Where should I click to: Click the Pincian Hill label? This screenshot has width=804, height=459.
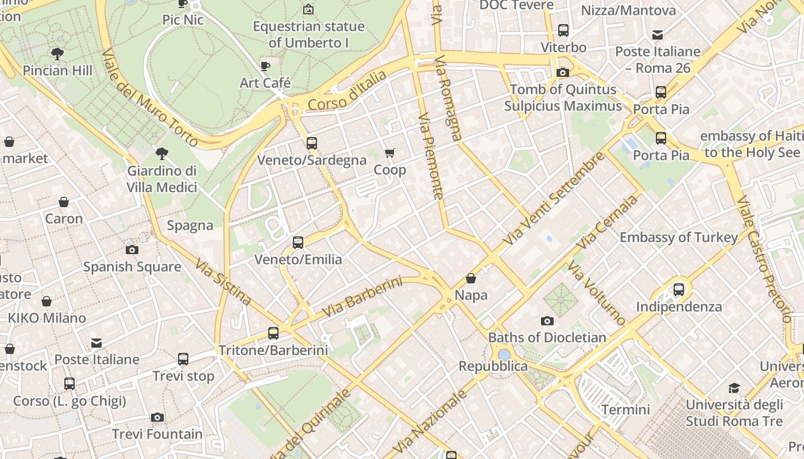click(57, 71)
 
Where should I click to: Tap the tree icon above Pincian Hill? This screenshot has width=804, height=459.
click(57, 54)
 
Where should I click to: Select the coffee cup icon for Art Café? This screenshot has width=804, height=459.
click(265, 67)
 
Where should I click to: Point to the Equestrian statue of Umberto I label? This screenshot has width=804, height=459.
click(308, 34)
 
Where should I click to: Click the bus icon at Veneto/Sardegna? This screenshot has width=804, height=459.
click(312, 143)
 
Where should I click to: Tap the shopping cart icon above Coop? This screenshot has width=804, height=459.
click(390, 153)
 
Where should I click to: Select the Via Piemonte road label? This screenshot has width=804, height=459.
click(431, 156)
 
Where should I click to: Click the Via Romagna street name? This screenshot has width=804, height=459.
click(448, 98)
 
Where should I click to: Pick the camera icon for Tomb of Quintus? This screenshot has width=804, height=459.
click(563, 72)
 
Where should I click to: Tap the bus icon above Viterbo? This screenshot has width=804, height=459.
click(563, 30)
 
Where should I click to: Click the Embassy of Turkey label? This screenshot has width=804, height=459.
click(678, 237)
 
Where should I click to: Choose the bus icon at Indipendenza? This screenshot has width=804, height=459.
click(679, 289)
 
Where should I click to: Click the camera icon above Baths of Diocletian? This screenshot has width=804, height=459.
click(547, 321)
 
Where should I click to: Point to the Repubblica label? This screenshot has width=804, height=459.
click(493, 366)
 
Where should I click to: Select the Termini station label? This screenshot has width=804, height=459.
click(625, 410)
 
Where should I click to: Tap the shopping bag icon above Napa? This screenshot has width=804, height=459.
click(471, 279)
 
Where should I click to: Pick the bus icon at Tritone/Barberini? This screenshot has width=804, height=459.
click(273, 333)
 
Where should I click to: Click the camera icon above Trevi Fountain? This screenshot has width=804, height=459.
click(157, 417)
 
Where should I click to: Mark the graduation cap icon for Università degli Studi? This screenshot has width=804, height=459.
click(734, 388)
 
